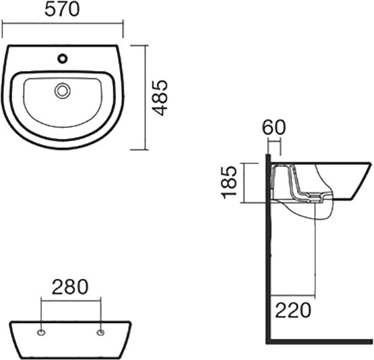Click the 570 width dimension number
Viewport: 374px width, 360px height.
point(62,10)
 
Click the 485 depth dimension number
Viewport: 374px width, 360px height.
point(160,98)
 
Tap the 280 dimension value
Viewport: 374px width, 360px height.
point(70,287)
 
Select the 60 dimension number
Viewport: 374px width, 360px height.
point(274,128)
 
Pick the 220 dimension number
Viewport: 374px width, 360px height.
point(293,311)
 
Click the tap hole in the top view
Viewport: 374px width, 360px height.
point(63,59)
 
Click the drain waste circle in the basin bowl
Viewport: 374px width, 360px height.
point(62,91)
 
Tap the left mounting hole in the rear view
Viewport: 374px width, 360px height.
point(41,332)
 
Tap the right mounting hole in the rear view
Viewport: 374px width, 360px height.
point(101,332)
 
